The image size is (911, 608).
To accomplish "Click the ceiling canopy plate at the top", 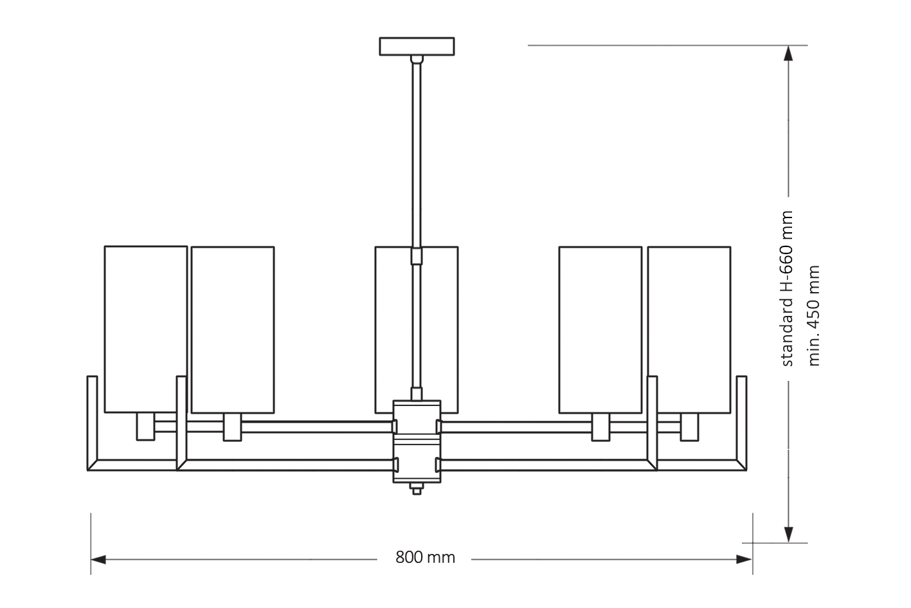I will [x=417, y=46].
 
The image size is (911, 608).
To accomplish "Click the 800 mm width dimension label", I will [x=425, y=557].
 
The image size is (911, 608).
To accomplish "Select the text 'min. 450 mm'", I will [x=815, y=315].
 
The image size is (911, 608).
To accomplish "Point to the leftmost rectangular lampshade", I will [x=146, y=328].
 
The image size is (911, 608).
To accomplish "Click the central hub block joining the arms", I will [x=417, y=441].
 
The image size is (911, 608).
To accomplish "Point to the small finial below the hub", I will [x=417, y=490].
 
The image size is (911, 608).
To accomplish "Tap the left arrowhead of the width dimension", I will [x=98, y=560].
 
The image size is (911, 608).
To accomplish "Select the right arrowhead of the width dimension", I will [x=745, y=560].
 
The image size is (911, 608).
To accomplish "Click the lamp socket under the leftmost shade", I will [x=146, y=427].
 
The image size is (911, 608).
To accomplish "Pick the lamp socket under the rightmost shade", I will [x=689, y=427].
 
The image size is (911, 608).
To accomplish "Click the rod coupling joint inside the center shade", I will [x=417, y=257].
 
